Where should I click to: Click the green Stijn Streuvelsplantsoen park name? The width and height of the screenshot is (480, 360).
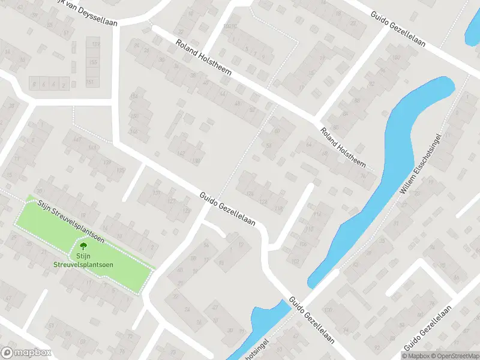pyautogui.click(x=83, y=259)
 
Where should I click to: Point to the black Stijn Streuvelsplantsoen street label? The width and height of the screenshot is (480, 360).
pyautogui.click(x=71, y=222)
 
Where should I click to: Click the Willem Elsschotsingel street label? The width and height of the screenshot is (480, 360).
pyautogui.click(x=422, y=163)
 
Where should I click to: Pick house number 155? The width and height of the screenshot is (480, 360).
pyautogui.click(x=93, y=62)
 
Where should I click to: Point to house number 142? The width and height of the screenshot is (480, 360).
pyautogui.click(x=180, y=154)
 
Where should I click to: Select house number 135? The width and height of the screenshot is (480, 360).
pyautogui.click(x=121, y=170)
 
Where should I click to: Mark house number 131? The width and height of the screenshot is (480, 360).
pyautogui.click(x=157, y=193)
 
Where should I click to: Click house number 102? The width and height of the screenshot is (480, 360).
pyautogui.click(x=295, y=260)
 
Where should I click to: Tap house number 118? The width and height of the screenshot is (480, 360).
pyautogui.click(x=277, y=208)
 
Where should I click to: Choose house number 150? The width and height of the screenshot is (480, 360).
pyautogui.click(x=134, y=116)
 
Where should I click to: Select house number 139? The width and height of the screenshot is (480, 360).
pyautogui.click(x=107, y=162)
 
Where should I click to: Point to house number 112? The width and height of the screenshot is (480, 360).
pyautogui.click(x=316, y=214)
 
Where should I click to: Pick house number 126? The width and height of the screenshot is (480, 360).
pyautogui.click(x=250, y=193)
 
